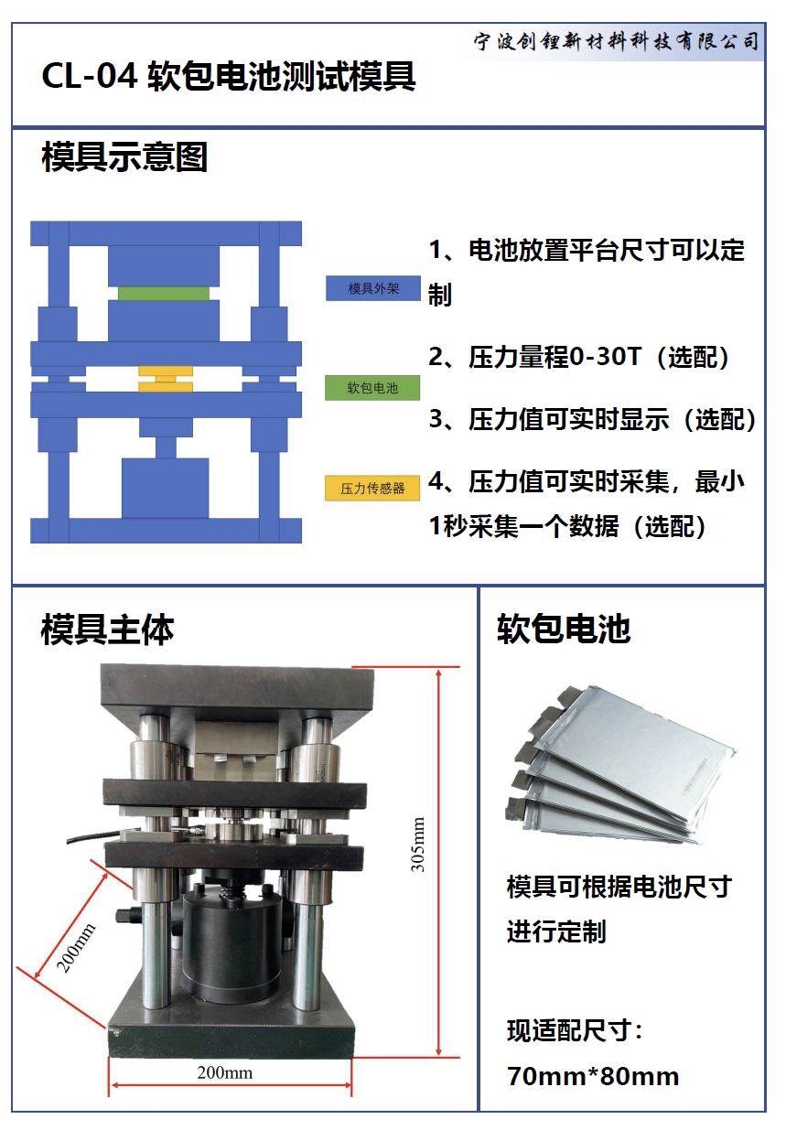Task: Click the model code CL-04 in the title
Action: tap(89, 77)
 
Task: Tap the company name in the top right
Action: tap(617, 41)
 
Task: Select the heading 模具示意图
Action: tap(124, 156)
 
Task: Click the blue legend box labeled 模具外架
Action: tap(373, 288)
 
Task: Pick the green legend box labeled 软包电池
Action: tap(372, 388)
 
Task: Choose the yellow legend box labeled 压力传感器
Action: tap(372, 488)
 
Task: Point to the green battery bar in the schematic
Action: tap(164, 294)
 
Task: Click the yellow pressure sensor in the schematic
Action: tap(166, 379)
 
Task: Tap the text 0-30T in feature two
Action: tap(604, 357)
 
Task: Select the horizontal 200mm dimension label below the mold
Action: tap(225, 1072)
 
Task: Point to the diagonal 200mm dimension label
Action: tap(75, 947)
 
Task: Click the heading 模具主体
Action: tap(107, 630)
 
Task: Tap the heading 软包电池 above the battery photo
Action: tap(564, 629)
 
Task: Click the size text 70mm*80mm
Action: tap(593, 1076)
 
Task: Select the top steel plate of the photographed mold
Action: tap(237, 689)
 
